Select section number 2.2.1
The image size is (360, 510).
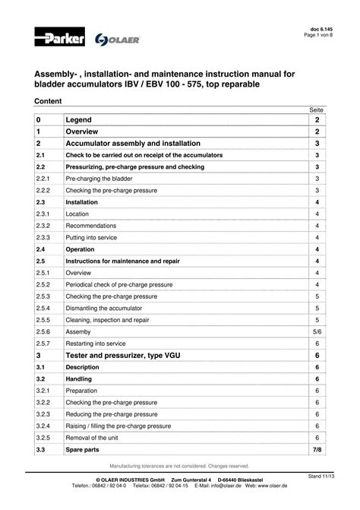click(43, 176)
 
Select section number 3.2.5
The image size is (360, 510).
click(43, 439)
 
